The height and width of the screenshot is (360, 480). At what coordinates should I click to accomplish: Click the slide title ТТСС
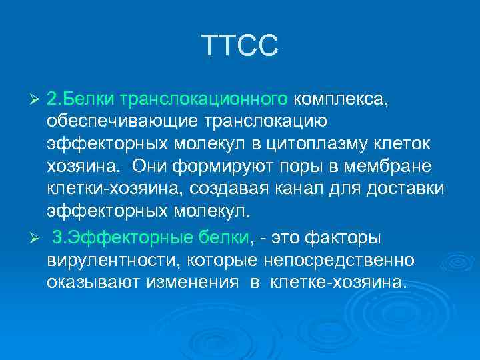[239, 46]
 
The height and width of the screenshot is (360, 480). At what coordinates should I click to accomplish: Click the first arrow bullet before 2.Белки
[37, 99]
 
